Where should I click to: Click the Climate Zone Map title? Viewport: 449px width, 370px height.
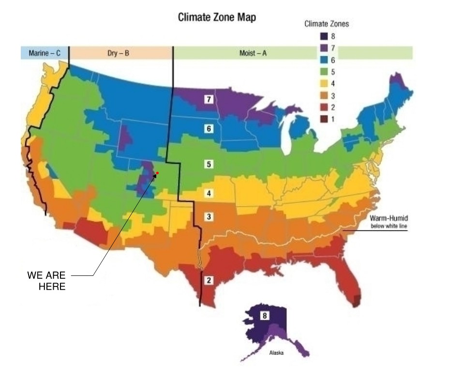coord(217,17)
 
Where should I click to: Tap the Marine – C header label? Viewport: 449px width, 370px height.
coord(45,53)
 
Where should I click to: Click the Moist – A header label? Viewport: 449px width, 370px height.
coord(253,53)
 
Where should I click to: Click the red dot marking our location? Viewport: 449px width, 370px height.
coord(157,173)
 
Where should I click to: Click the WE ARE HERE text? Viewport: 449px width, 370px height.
coord(46,281)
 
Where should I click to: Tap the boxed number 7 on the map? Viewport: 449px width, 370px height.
coord(209,100)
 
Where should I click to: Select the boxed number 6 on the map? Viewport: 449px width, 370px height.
coord(209,128)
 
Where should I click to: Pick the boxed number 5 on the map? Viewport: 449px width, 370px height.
coord(209,164)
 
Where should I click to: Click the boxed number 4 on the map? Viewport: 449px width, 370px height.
coord(209,193)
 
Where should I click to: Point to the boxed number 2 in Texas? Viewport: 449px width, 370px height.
coord(209,280)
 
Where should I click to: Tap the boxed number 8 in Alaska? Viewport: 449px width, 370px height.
coord(265,316)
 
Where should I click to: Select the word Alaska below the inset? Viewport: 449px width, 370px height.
coord(276,353)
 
